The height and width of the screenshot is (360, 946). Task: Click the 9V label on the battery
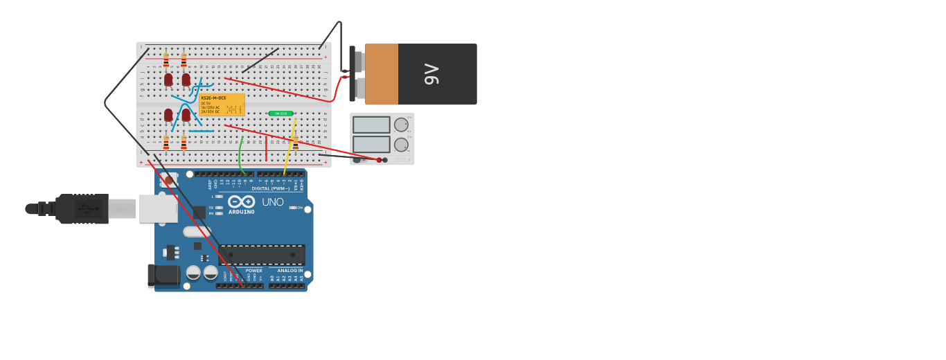[431, 74]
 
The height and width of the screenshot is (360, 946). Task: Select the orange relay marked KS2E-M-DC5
[222, 105]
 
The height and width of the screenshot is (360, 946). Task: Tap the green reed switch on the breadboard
[280, 114]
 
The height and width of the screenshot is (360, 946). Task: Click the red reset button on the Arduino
[169, 181]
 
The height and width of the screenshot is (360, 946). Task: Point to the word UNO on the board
[272, 202]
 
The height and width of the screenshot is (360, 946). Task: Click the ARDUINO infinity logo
[241, 201]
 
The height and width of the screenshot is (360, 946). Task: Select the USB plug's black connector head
[82, 208]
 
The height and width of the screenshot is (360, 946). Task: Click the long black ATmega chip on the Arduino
[262, 255]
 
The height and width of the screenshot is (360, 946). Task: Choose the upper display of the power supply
[371, 125]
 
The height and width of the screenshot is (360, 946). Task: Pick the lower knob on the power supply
[401, 145]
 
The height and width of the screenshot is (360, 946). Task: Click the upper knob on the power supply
[401, 125]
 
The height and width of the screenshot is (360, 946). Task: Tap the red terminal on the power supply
[379, 160]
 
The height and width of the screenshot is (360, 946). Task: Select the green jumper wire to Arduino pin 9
[240, 156]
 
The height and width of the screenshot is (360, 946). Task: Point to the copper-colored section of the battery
[382, 74]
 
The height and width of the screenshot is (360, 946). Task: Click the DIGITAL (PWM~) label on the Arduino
[270, 188]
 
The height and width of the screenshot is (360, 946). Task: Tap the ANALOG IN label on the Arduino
[289, 271]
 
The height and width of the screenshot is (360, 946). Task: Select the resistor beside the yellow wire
[296, 142]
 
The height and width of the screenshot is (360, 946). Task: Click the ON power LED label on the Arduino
[300, 208]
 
